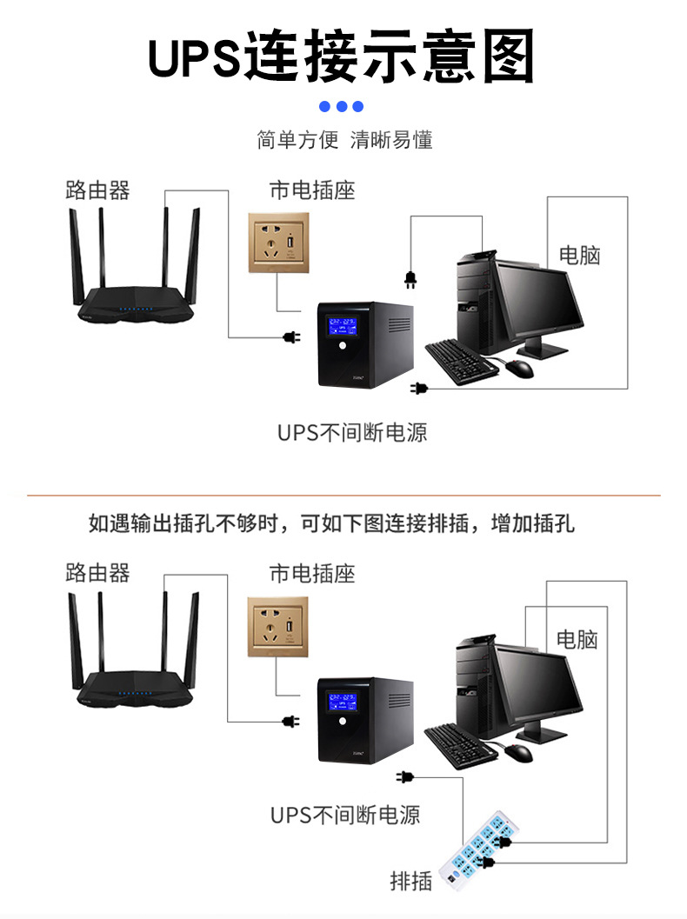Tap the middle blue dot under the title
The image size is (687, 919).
click(342, 107)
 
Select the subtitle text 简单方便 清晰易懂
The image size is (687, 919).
click(344, 140)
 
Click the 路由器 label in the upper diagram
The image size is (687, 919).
click(97, 190)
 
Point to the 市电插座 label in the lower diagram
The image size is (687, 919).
click(312, 574)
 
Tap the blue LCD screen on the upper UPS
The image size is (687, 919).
click(342, 330)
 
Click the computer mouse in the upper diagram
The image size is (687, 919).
click(519, 368)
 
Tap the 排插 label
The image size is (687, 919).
click(410, 881)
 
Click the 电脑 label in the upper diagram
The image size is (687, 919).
click(579, 255)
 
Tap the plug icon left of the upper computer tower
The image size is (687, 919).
click(410, 278)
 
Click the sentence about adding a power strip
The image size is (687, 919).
click(331, 523)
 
